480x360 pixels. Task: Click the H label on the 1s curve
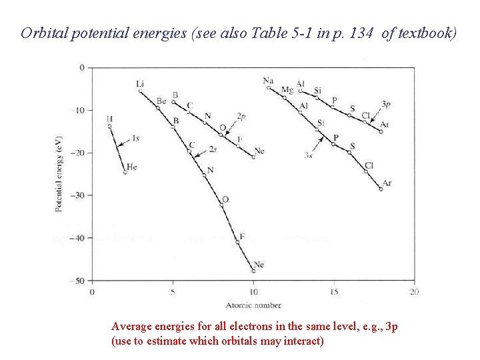click(109, 119)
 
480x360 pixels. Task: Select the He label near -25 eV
click(131, 167)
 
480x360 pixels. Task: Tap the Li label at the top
click(140, 83)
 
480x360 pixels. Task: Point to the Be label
click(161, 101)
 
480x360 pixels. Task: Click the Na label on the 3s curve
click(268, 81)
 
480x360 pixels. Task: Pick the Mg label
click(287, 90)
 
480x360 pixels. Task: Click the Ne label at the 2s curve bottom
click(259, 265)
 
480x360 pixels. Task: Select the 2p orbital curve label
click(241, 116)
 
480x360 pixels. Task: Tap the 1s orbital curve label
click(135, 138)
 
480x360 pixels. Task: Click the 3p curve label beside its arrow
click(386, 104)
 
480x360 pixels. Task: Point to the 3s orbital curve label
click(308, 155)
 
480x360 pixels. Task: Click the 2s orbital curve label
click(213, 148)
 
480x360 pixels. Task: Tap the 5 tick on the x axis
click(173, 292)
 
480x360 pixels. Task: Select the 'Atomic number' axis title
click(253, 305)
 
